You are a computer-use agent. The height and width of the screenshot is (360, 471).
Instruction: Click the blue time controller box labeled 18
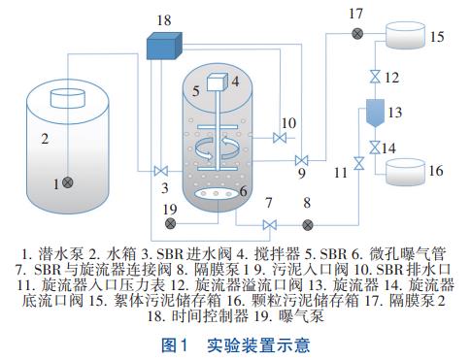[x=164, y=46]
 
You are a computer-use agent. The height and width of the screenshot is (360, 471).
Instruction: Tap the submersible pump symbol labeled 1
[x=67, y=182]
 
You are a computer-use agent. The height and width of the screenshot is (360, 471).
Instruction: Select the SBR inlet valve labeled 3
[x=160, y=171]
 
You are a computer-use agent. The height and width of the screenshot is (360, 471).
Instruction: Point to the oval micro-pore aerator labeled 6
[x=216, y=194]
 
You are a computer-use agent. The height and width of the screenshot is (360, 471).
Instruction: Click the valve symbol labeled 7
[x=269, y=225]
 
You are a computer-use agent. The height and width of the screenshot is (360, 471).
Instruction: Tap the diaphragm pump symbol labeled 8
[x=308, y=225]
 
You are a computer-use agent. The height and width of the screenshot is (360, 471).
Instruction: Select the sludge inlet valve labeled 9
[x=301, y=160]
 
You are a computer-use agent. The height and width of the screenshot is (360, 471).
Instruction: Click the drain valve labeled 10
[x=280, y=138]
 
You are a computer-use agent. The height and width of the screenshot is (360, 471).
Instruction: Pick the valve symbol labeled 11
[x=358, y=163]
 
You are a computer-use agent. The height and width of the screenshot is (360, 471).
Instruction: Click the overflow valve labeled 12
[x=375, y=77]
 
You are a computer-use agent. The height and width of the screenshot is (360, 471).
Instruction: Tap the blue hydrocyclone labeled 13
[x=375, y=113]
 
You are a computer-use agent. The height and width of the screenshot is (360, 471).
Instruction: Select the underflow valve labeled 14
[x=375, y=147]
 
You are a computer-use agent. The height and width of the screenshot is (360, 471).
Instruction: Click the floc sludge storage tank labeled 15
[x=405, y=35]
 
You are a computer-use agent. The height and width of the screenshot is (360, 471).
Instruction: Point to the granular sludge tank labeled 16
[x=405, y=173]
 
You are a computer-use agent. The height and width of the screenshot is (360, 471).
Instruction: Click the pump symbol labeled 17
[x=357, y=33]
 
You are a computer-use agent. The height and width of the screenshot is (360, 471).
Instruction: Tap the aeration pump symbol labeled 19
[x=170, y=223]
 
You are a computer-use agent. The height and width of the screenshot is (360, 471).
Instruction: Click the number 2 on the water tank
[x=45, y=139]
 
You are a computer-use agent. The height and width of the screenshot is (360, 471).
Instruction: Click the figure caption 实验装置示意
[x=258, y=345]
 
